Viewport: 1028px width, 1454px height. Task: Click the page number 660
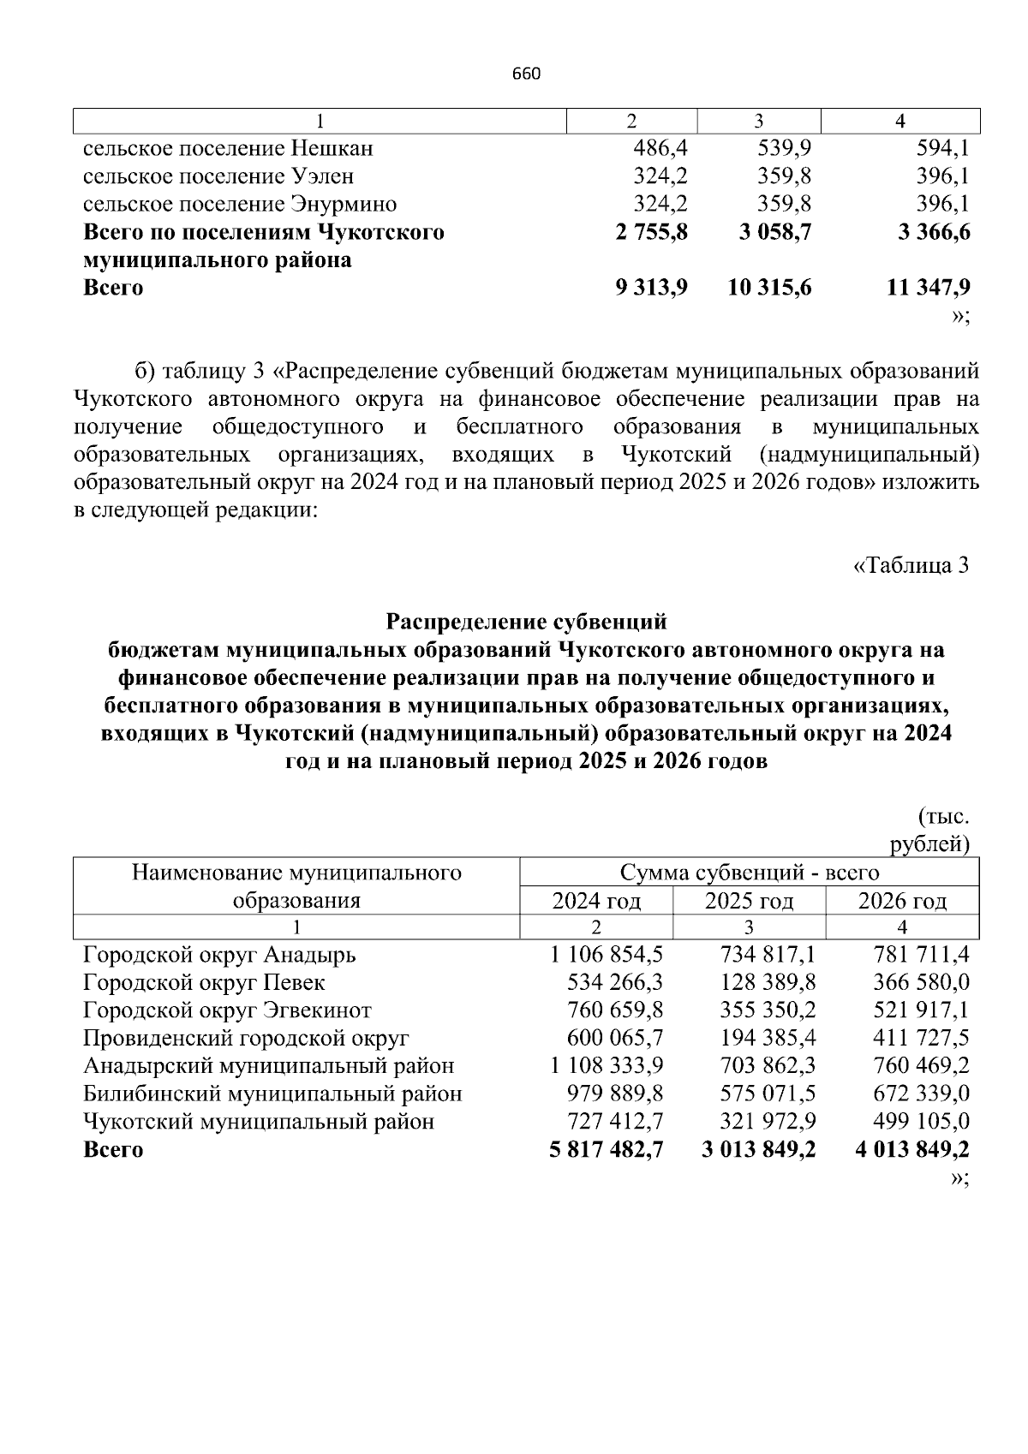pyautogui.click(x=526, y=74)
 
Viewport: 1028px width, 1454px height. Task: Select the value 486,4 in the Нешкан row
pyautogui.click(x=660, y=149)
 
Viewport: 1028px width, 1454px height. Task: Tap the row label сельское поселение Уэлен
pyautogui.click(x=218, y=176)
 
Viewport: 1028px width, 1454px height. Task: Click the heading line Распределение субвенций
pyautogui.click(x=526, y=621)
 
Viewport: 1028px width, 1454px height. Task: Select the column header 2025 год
pyautogui.click(x=749, y=901)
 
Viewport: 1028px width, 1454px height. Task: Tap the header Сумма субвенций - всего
pyautogui.click(x=749, y=873)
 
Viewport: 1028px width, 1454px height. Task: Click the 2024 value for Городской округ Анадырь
pyautogui.click(x=607, y=955)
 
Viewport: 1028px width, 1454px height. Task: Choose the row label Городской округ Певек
pyautogui.click(x=204, y=983)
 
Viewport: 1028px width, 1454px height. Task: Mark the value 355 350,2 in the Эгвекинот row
pyautogui.click(x=768, y=1010)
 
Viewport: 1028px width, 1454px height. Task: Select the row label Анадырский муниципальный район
pyautogui.click(x=268, y=1066)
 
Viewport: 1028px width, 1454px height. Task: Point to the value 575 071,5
pyautogui.click(x=768, y=1094)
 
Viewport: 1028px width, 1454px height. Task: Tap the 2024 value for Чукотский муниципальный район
pyautogui.click(x=615, y=1122)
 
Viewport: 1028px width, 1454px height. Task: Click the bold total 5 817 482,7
pyautogui.click(x=607, y=1150)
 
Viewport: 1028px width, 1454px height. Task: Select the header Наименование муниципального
pyautogui.click(x=296, y=873)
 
